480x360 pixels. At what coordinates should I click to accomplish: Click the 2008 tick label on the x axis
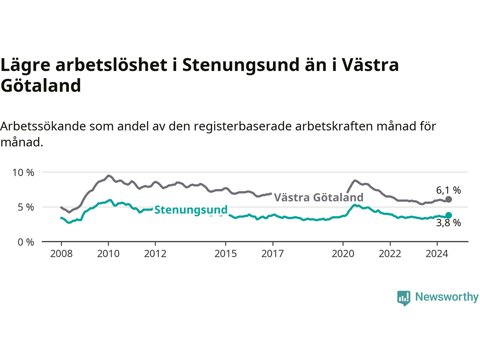(61, 254)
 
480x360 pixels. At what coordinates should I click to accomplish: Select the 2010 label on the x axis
(108, 254)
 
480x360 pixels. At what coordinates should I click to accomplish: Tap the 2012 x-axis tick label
(155, 254)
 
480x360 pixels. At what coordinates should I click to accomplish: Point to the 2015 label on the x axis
(226, 254)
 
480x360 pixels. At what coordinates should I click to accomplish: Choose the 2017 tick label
(273, 254)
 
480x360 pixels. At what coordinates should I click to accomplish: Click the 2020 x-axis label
(343, 254)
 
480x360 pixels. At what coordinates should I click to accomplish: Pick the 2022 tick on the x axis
(390, 254)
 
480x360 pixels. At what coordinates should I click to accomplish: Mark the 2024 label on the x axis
(437, 254)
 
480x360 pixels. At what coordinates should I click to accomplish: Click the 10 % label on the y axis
(23, 172)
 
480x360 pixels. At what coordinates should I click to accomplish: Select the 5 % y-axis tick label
(26, 207)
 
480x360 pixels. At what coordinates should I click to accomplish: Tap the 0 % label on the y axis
(26, 242)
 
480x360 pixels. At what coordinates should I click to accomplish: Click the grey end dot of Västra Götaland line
(448, 199)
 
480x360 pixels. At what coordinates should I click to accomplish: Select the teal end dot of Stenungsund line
(448, 215)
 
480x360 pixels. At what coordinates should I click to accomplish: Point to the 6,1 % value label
(448, 190)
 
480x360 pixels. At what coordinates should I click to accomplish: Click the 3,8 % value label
(448, 223)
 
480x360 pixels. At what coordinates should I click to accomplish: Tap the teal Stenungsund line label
(191, 210)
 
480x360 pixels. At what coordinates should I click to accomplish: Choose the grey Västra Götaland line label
(319, 197)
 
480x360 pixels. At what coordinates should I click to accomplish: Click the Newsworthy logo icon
(403, 298)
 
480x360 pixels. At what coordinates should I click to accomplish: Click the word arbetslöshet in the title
(111, 65)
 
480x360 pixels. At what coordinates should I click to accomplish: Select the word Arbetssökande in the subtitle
(43, 126)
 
